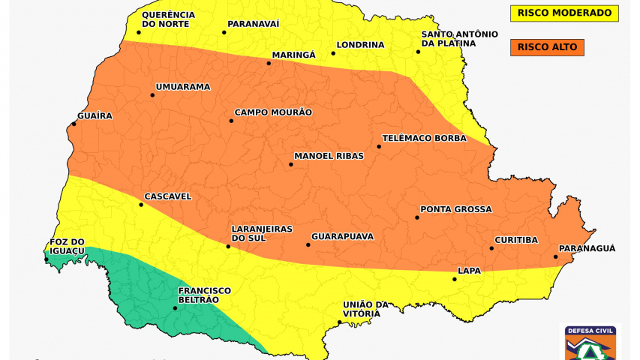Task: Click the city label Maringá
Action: [x=293, y=55]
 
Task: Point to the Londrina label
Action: [x=360, y=45]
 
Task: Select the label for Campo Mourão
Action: [x=273, y=112]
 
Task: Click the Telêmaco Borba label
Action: [x=424, y=138]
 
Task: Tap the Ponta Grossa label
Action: [x=455, y=209]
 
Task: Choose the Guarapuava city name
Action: [x=342, y=236]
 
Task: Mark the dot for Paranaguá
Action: [x=556, y=257]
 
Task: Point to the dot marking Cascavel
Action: [x=140, y=205]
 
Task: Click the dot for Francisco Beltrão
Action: [x=176, y=307]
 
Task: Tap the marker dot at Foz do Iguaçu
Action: [x=47, y=260]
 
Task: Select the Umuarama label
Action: [x=183, y=87]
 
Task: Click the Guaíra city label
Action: [x=95, y=115]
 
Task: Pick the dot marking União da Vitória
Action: [x=340, y=322]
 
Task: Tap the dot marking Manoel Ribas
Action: [x=291, y=164]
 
